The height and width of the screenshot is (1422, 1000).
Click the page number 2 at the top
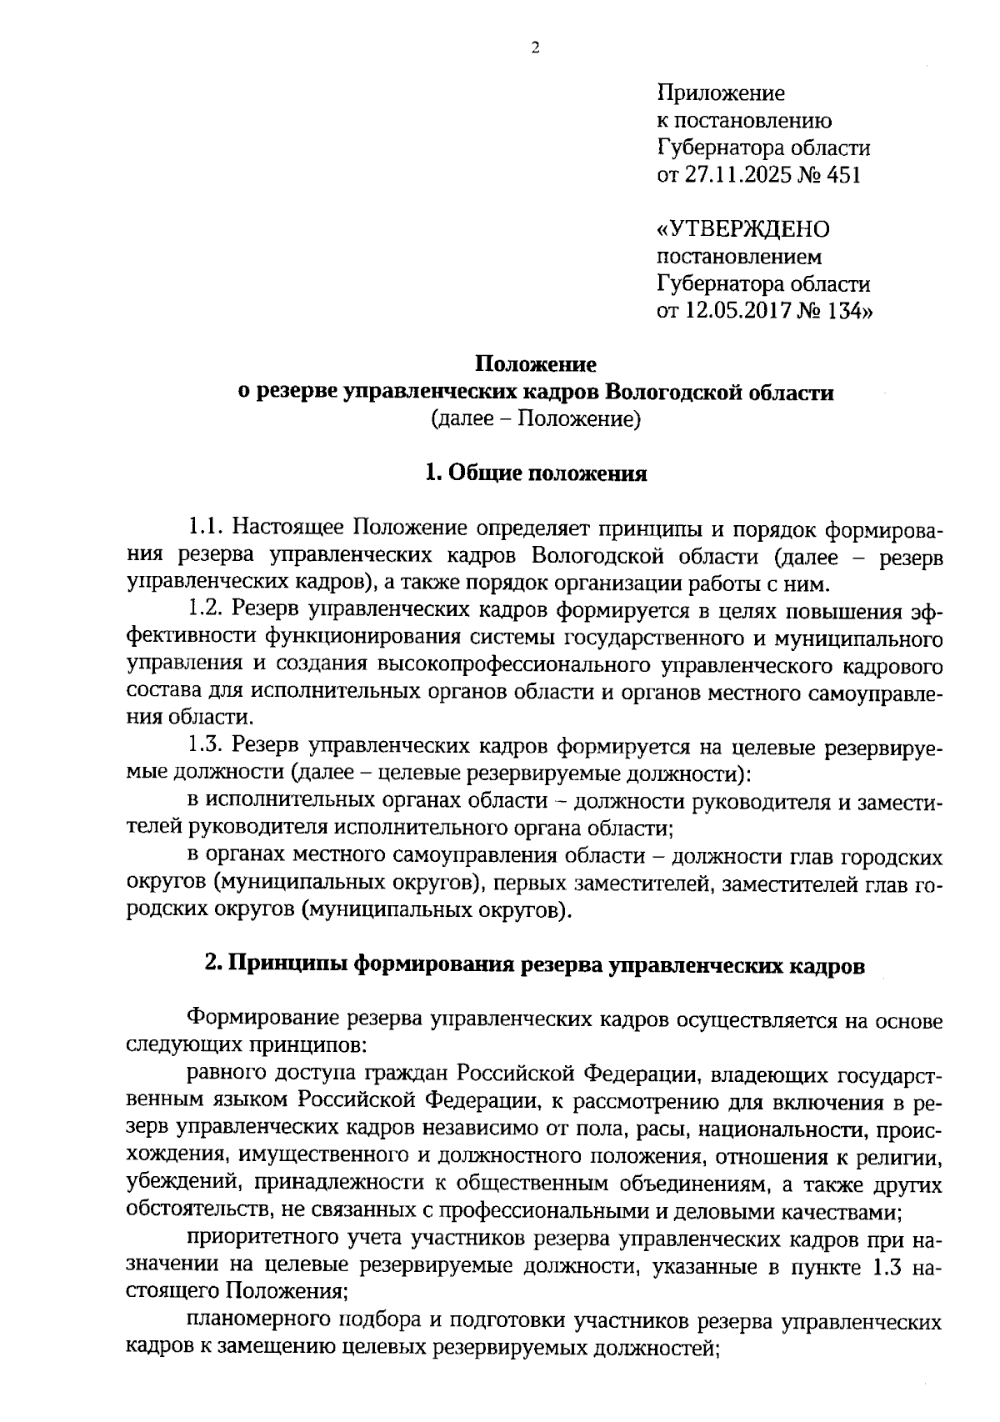[535, 48]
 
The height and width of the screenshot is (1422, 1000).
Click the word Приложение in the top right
[721, 93]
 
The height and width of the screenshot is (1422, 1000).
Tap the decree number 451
[842, 175]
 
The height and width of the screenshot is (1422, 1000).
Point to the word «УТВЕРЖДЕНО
[743, 229]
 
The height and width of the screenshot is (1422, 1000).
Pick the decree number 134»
[845, 312]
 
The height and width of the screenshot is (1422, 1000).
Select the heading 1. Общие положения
[536, 473]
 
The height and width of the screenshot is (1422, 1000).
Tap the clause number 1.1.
[206, 528]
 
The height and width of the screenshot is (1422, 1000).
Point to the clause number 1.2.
[206, 611]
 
